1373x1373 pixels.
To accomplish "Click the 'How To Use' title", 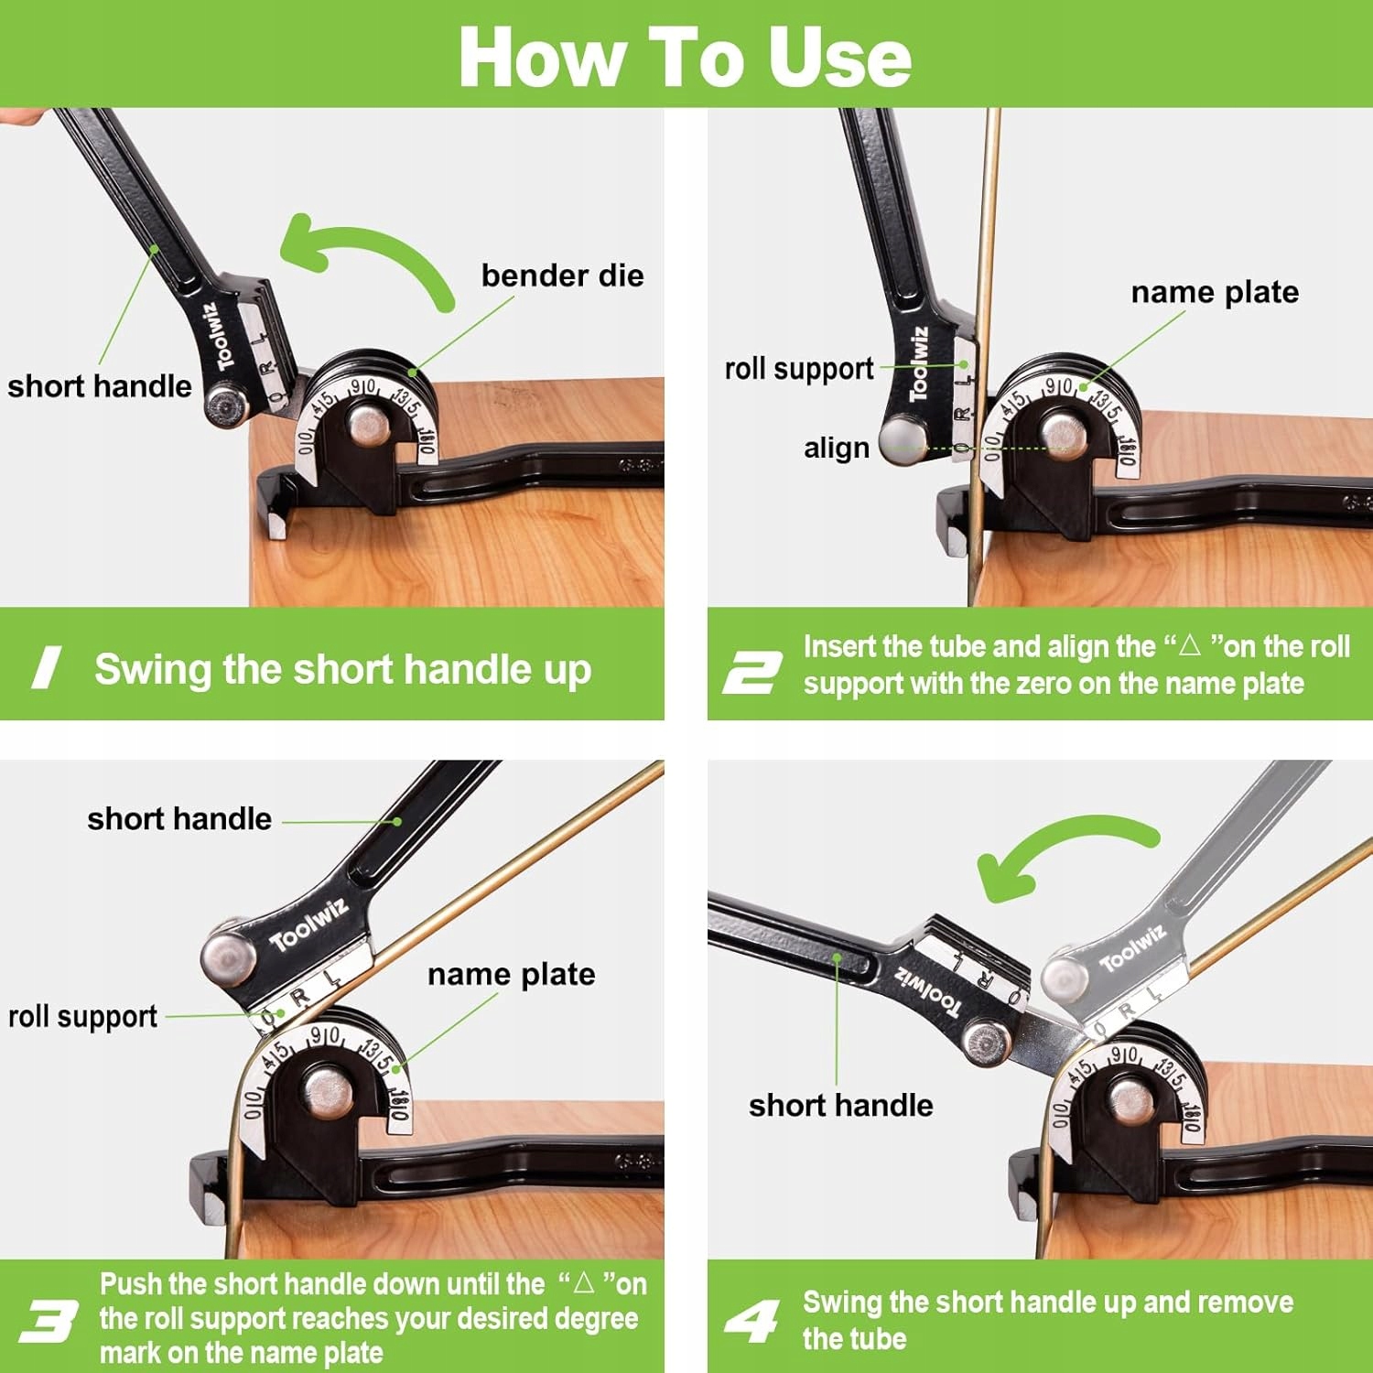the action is pos(685,57).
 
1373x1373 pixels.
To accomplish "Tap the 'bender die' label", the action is pos(562,276).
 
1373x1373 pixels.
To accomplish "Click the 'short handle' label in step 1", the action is pos(100,386).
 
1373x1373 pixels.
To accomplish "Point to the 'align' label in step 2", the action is pos(837,448).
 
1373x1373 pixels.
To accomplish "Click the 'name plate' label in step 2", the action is pos(1215,292).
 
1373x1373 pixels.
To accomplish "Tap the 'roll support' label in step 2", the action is pos(799,369).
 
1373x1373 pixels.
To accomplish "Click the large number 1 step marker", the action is pos(47,667).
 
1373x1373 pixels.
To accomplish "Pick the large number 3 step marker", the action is pos(49,1322).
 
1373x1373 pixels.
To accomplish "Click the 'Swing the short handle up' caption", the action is pos(343,669).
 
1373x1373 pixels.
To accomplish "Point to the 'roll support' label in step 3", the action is pos(82,1016).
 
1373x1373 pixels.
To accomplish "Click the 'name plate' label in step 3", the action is pos(511,974).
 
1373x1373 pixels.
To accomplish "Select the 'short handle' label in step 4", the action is pos(841,1105).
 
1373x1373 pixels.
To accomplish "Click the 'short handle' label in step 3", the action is pos(179,818).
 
